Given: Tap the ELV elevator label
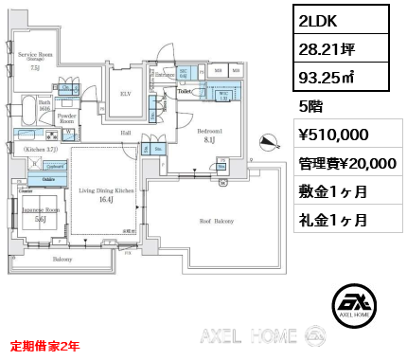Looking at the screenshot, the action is pos(125,93).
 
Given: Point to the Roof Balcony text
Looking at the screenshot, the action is pos(216,220).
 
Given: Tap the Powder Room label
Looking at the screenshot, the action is pos(66,118).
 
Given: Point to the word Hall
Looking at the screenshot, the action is pos(125,134).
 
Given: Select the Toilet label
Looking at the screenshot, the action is pos(186,92).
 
